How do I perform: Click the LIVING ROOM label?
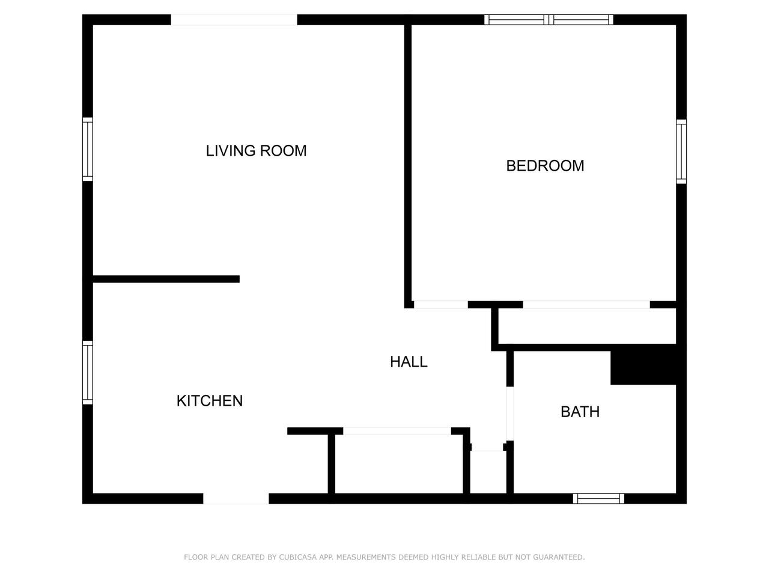pyautogui.click(x=256, y=151)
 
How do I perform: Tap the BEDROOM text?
pyautogui.click(x=545, y=166)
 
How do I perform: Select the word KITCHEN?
pyautogui.click(x=210, y=401)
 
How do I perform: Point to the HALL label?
pyautogui.click(x=409, y=362)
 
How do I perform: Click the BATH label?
pyautogui.click(x=580, y=412)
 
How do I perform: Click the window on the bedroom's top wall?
pyautogui.click(x=549, y=20)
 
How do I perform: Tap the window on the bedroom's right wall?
pyautogui.click(x=681, y=151)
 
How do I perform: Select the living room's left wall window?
pyautogui.click(x=88, y=149)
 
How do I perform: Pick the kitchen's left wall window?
pyautogui.click(x=88, y=373)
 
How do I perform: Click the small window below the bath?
pyautogui.click(x=598, y=498)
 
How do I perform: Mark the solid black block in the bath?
pyautogui.click(x=643, y=364)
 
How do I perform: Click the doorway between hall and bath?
pyautogui.click(x=510, y=414)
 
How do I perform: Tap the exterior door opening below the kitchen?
pyautogui.click(x=236, y=498)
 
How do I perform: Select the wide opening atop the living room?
pyautogui.click(x=234, y=20)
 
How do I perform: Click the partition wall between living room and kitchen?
pyautogui.click(x=166, y=279)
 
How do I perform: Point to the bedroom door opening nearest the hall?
pyautogui.click(x=441, y=305)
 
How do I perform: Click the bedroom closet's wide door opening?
pyautogui.click(x=586, y=305)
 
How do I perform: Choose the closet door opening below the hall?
pyautogui.click(x=397, y=431)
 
